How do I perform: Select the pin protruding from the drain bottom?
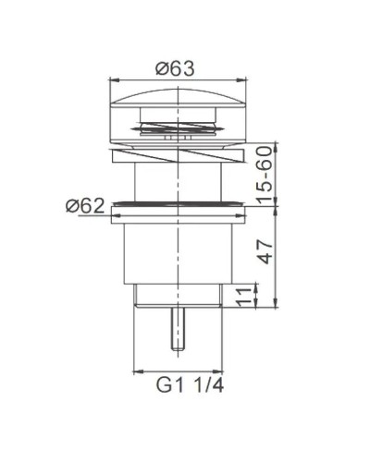coord(177,328)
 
